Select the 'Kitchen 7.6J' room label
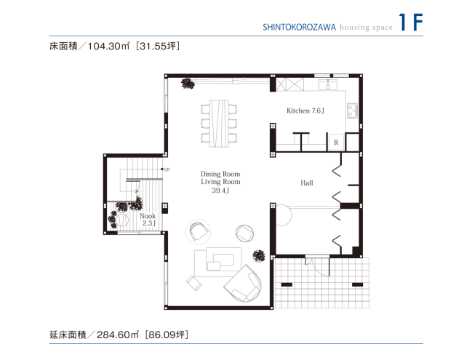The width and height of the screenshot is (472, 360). (x=305, y=111)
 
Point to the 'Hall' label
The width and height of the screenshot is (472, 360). (x=306, y=183)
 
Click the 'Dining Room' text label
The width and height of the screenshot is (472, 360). (x=220, y=174)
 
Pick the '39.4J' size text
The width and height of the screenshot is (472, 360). (x=220, y=191)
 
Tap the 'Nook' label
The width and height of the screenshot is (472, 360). (x=147, y=216)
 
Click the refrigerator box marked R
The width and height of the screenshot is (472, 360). (x=335, y=143)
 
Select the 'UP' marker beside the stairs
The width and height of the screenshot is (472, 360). (x=167, y=170)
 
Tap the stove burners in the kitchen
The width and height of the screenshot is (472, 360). (x=353, y=111)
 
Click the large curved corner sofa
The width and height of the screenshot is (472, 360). (x=244, y=284)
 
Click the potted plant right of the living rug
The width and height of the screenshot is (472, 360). (x=258, y=255)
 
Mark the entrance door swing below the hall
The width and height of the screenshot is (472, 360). (x=318, y=265)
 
